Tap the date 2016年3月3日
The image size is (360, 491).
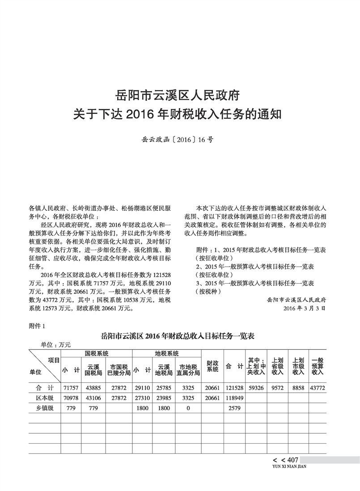pyautogui.click(x=304, y=308)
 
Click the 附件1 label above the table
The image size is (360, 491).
pyautogui.click(x=38, y=326)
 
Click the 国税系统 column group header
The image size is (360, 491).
pyautogui.click(x=97, y=353)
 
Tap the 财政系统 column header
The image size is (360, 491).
pyautogui.click(x=212, y=366)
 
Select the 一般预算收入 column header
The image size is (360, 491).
pyautogui.click(x=318, y=366)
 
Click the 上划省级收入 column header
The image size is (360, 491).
pyautogui.click(x=277, y=366)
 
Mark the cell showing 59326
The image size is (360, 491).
pyautogui.click(x=256, y=387)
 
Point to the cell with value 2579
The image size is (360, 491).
pyautogui.click(x=234, y=407)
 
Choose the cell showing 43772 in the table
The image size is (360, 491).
pyautogui.click(x=318, y=387)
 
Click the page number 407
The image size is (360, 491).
pyautogui.click(x=292, y=460)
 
